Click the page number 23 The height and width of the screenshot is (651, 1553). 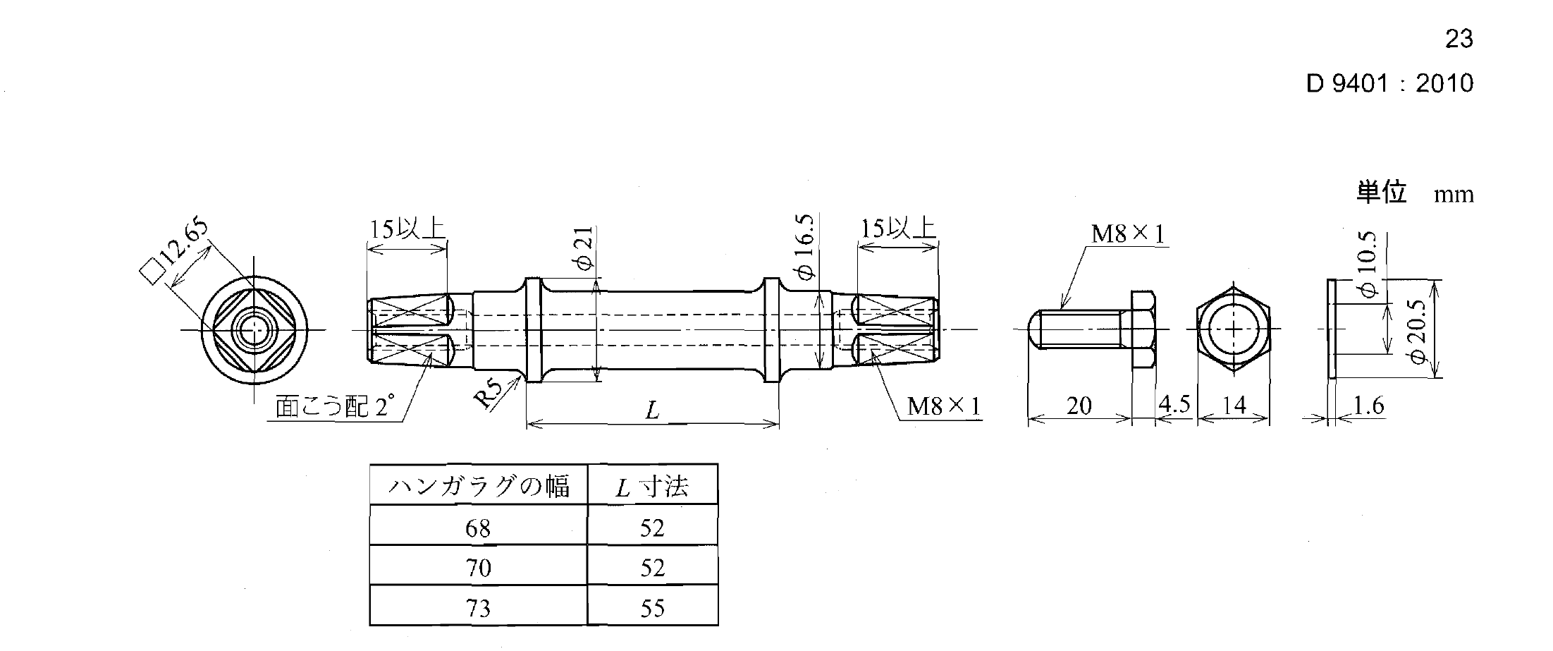(x=1459, y=38)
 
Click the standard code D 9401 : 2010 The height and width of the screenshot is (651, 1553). (x=1389, y=83)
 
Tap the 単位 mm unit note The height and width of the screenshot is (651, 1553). (x=1415, y=193)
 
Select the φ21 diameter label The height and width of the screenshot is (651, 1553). (x=586, y=248)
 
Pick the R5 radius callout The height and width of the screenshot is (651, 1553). (x=489, y=394)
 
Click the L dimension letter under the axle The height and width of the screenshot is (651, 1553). (x=652, y=410)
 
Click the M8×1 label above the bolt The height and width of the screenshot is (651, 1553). (x=1127, y=233)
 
